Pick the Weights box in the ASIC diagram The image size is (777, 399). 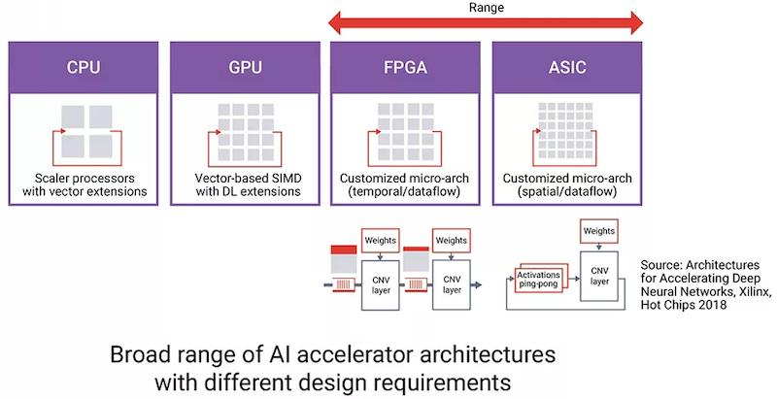click(600, 231)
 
